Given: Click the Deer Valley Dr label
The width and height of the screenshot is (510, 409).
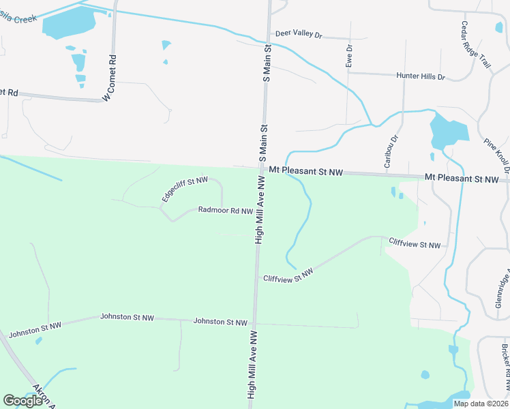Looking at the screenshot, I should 298,34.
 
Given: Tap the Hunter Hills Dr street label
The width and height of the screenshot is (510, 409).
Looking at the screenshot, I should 421,76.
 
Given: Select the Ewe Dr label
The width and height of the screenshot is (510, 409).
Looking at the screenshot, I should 349,55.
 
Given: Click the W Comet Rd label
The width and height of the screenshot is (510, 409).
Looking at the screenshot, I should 109,78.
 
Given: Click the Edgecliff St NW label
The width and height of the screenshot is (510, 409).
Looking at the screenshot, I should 184,189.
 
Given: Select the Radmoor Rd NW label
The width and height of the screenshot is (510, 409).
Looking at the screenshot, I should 226,211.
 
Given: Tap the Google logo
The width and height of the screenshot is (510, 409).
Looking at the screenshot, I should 22,401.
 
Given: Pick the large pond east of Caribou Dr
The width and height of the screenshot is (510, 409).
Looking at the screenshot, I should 448,131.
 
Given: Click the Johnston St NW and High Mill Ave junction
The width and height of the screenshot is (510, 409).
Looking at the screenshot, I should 254,322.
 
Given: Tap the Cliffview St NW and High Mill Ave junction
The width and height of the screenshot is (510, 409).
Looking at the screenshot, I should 256,278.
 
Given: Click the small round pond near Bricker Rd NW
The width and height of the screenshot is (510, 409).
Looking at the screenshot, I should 425,374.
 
